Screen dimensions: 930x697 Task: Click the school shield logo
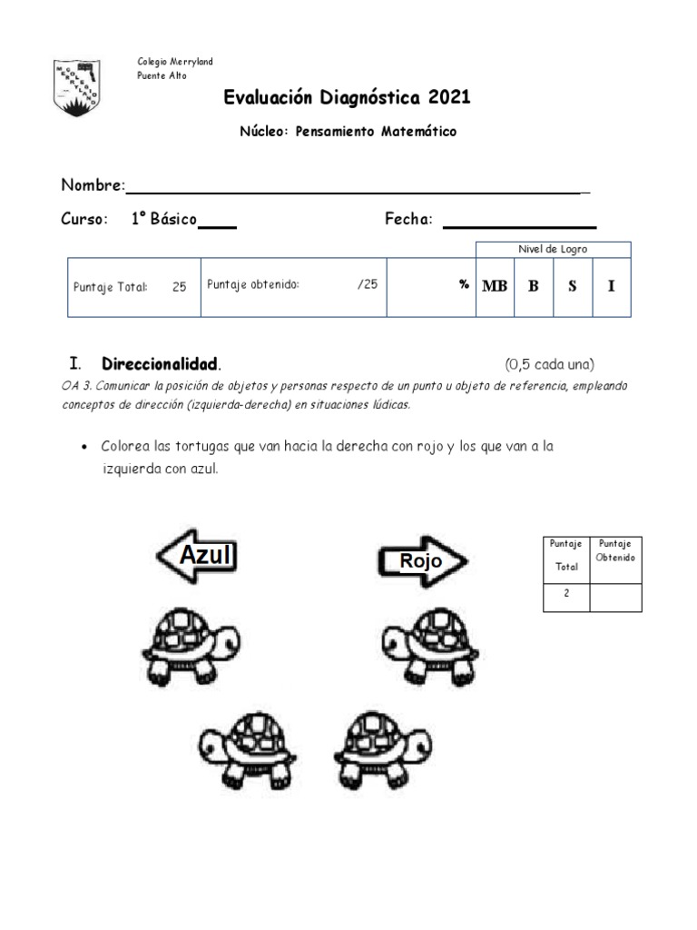[x=77, y=88]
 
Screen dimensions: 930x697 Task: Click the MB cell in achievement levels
[x=495, y=286]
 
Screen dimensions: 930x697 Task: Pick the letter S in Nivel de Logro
[x=572, y=286]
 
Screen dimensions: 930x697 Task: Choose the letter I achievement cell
[x=611, y=286]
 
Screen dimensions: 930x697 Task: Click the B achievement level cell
[x=534, y=286]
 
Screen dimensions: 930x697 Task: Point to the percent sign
[x=464, y=284]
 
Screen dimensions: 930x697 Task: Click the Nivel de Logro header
[x=552, y=249]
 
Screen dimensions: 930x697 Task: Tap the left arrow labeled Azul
[x=199, y=556]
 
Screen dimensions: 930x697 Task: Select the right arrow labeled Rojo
[x=422, y=561]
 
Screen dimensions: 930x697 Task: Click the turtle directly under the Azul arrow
[x=182, y=644]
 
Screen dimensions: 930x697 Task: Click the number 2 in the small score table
[x=566, y=595]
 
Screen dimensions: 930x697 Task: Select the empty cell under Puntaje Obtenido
[x=615, y=596]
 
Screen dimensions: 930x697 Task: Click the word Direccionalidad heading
[x=160, y=363]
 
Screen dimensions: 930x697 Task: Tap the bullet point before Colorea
[x=84, y=448]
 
